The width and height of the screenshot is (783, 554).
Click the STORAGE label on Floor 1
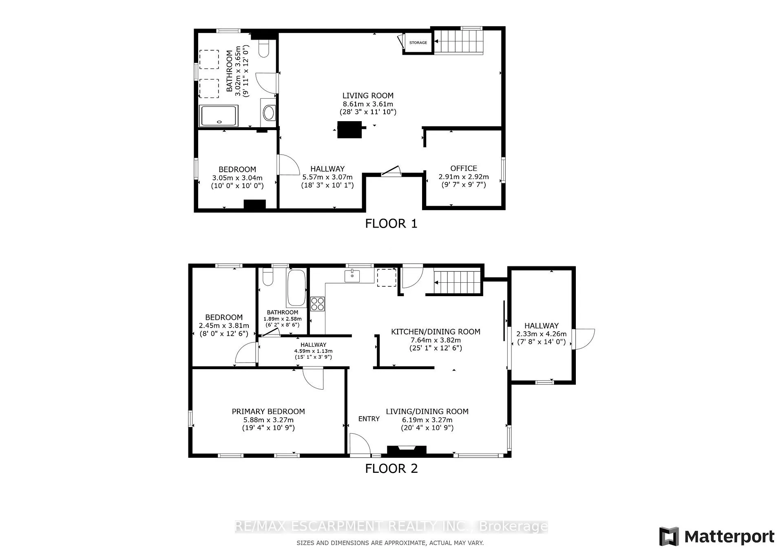[x=418, y=42]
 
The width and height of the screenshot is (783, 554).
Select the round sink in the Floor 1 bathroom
[x=269, y=112]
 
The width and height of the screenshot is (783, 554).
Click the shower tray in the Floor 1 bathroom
[x=219, y=116]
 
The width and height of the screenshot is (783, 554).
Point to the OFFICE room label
[x=464, y=168]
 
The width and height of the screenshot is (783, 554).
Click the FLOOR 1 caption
[x=391, y=224]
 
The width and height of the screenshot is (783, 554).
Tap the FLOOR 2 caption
[x=391, y=468]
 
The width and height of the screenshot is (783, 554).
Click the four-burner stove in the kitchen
[x=318, y=303]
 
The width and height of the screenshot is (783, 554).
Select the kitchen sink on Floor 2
[x=352, y=276]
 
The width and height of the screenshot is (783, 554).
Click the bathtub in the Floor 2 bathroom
[x=296, y=288]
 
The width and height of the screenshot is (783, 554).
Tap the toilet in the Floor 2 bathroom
[x=268, y=276]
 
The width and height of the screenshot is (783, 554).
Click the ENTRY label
[x=369, y=419]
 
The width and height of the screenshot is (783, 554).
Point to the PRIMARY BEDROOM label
[x=268, y=412]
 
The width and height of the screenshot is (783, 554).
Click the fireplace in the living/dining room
[x=407, y=450]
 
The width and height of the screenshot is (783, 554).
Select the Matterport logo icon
[x=669, y=536]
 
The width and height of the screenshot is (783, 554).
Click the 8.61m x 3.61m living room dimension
[x=368, y=104]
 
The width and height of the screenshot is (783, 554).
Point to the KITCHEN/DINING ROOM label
[x=436, y=332]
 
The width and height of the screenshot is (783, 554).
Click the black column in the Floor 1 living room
[x=349, y=130]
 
